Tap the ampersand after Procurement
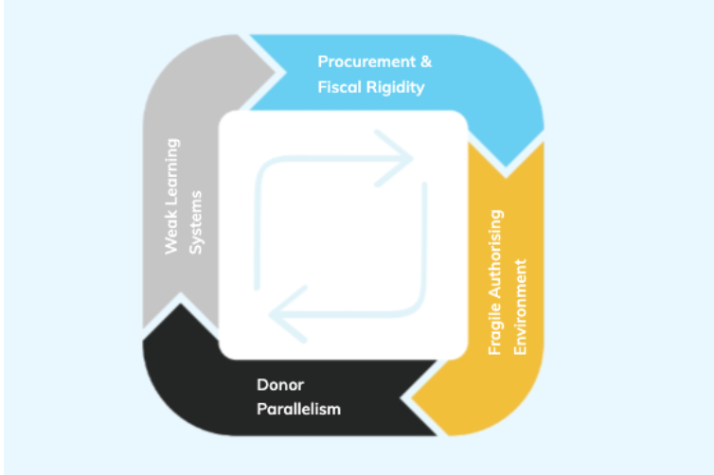tap(425, 62)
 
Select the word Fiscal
tap(342, 87)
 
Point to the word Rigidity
tap(398, 87)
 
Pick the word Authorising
tap(494, 259)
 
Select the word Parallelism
tap(298, 410)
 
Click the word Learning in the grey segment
tap(172, 176)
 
